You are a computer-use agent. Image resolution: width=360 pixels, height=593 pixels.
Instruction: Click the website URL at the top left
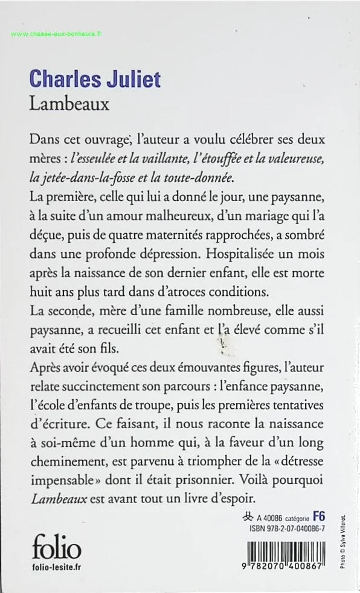(57, 34)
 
